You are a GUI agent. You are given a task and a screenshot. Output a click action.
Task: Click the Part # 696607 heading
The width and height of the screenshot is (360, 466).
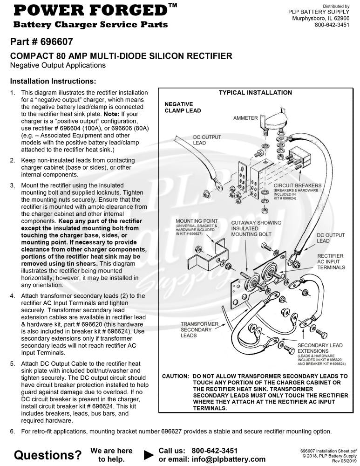(41, 41)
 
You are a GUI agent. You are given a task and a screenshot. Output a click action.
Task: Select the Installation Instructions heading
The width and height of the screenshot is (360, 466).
(53, 81)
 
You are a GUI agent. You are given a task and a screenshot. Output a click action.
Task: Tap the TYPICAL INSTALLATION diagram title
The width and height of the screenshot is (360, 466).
(255, 92)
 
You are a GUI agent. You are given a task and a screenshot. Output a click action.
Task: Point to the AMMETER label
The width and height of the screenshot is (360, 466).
(245, 118)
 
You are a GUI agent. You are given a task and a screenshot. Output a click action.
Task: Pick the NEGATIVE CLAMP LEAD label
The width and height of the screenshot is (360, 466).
(183, 107)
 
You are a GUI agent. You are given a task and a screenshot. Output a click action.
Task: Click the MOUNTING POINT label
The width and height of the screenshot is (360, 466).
(196, 221)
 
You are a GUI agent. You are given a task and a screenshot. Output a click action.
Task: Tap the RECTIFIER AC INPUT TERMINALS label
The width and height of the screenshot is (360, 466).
(331, 261)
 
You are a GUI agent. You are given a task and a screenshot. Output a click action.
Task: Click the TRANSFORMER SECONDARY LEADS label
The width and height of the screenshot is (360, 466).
(199, 329)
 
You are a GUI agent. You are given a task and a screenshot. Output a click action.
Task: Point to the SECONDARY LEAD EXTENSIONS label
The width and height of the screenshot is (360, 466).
(320, 348)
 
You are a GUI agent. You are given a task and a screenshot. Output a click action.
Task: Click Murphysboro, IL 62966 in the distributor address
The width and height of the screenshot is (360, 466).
(321, 18)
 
